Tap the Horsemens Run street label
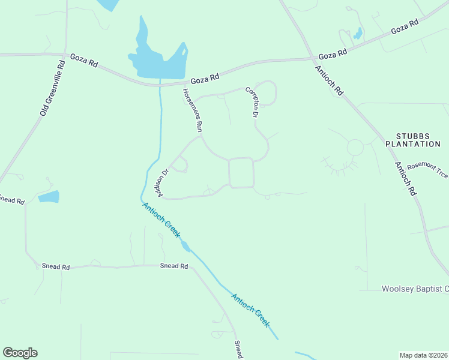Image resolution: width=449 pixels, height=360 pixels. tap(193, 110)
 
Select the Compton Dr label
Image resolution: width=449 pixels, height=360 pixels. tap(253, 102)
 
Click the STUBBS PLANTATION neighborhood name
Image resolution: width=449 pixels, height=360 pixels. tap(413, 140)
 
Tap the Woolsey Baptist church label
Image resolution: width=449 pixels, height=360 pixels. tap(415, 289)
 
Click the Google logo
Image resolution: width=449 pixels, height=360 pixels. tap(20, 353)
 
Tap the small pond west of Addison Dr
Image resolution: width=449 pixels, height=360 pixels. tap(49, 196)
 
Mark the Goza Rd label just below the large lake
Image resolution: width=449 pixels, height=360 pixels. tap(205, 78)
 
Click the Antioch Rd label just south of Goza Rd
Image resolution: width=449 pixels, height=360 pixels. tap(329, 80)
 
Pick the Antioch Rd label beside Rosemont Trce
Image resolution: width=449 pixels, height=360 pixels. tap(405, 178)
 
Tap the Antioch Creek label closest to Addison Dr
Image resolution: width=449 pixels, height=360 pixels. tap(161, 220)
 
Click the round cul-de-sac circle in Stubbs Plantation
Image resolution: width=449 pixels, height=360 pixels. tap(355, 147)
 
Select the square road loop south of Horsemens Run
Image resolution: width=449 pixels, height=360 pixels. tap(241, 173)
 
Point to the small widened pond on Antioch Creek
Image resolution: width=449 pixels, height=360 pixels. tap(186, 246)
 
